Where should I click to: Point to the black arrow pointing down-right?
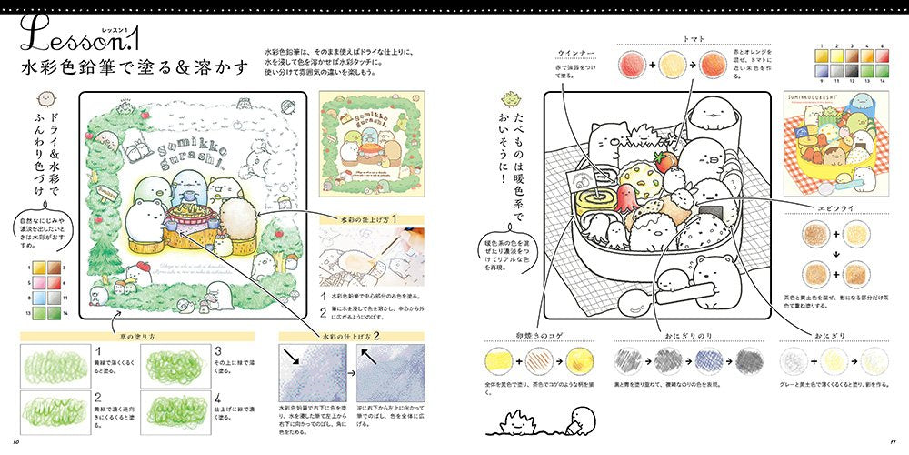(296, 358)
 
